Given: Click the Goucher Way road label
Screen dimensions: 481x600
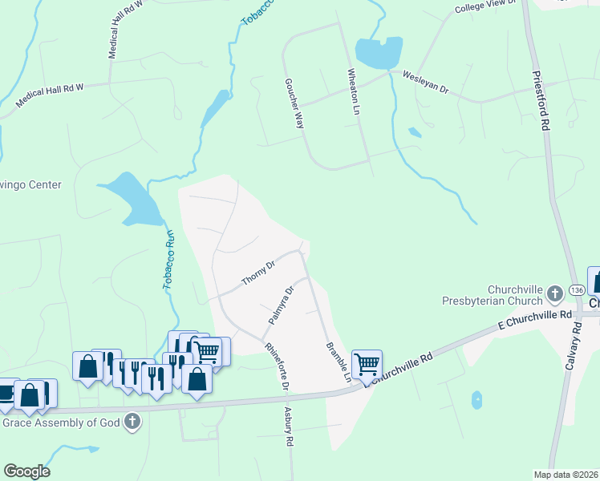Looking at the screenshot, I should click(x=294, y=104).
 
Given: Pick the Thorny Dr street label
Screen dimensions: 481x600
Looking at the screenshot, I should click(x=258, y=272).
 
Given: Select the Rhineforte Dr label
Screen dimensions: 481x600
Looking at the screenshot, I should click(x=277, y=366).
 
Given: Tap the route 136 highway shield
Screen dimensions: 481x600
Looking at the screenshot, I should click(x=554, y=296).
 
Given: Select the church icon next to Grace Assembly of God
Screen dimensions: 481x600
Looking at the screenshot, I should click(x=133, y=421).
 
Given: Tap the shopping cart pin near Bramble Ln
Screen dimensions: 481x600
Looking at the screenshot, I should click(x=367, y=364).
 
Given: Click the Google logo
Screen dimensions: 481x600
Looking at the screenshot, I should click(x=26, y=471).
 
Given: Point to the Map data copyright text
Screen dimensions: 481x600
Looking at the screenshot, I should click(x=566, y=475).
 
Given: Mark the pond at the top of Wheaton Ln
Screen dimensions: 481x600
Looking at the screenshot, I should click(x=378, y=54).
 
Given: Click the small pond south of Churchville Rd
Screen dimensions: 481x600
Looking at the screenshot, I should click(x=477, y=399).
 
